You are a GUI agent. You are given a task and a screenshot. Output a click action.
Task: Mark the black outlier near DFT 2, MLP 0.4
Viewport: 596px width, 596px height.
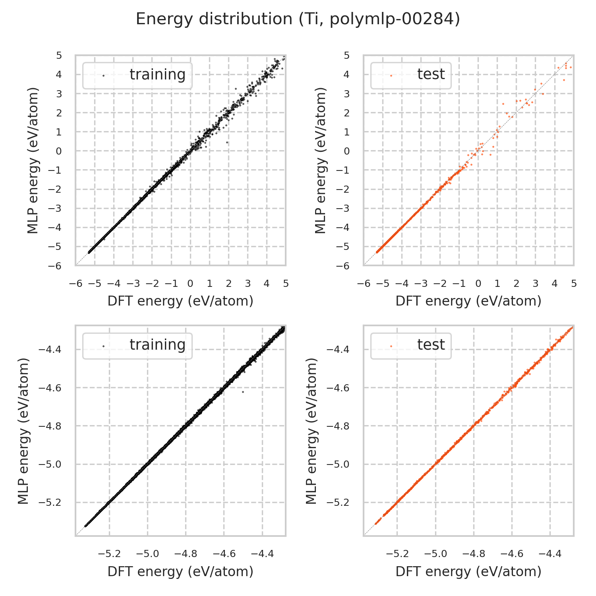227,142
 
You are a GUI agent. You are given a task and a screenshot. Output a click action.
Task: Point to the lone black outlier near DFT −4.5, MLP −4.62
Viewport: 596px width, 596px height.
243,392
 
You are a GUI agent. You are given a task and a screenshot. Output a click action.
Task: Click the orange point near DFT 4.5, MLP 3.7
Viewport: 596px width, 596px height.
563,80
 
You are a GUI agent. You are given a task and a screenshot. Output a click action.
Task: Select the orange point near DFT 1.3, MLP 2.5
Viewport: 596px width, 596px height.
503,104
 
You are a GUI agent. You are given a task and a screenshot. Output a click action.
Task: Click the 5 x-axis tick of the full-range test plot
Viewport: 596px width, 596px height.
573,284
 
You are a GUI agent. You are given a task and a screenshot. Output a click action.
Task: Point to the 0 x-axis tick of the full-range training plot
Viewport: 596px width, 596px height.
190,284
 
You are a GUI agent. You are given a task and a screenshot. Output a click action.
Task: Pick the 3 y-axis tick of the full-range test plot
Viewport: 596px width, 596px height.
346,94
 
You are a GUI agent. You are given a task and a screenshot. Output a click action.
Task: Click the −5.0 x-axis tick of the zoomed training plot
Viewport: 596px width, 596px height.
147,554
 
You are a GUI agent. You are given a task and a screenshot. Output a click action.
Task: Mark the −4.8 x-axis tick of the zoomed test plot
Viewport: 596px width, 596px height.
474,554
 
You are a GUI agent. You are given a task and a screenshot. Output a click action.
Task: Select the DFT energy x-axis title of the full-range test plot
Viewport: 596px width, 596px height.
468,301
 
